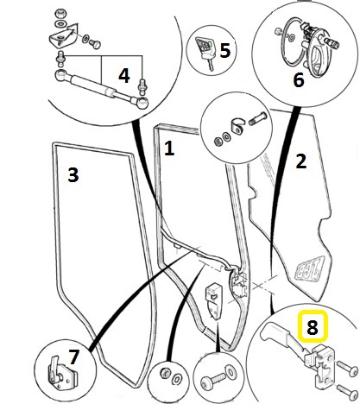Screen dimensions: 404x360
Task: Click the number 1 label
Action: point(169,148)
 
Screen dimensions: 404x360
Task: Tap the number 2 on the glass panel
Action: point(300,161)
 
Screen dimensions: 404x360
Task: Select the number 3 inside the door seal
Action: point(73,175)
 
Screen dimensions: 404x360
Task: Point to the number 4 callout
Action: point(124,76)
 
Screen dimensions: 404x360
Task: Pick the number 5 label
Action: point(225,50)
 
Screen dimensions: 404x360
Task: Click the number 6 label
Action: point(299,80)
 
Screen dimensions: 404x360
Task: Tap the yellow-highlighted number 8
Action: point(312,328)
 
